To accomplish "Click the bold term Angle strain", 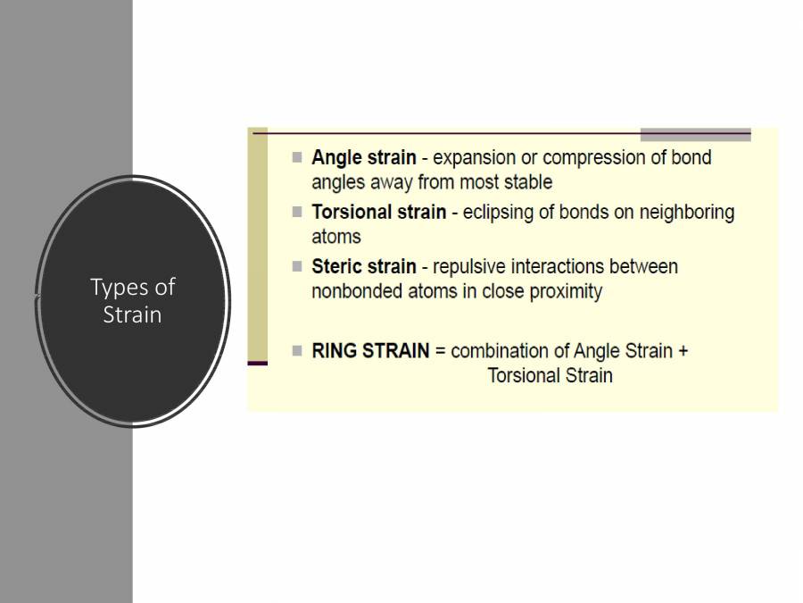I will click(363, 158).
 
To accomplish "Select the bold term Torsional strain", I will click(378, 213).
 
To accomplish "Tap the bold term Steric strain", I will click(363, 266).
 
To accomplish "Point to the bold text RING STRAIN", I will click(370, 350).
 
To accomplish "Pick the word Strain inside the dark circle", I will click(132, 314).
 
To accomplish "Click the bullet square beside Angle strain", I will click(297, 157).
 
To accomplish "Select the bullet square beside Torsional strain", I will click(297, 212).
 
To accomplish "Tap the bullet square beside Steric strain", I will click(297, 265).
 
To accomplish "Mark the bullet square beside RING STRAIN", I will click(297, 349).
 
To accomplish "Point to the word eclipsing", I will click(500, 213).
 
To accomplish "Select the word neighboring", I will click(682, 213).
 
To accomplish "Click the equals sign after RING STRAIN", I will click(440, 351).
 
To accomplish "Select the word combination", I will click(502, 351).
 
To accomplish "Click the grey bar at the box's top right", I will click(695, 135).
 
